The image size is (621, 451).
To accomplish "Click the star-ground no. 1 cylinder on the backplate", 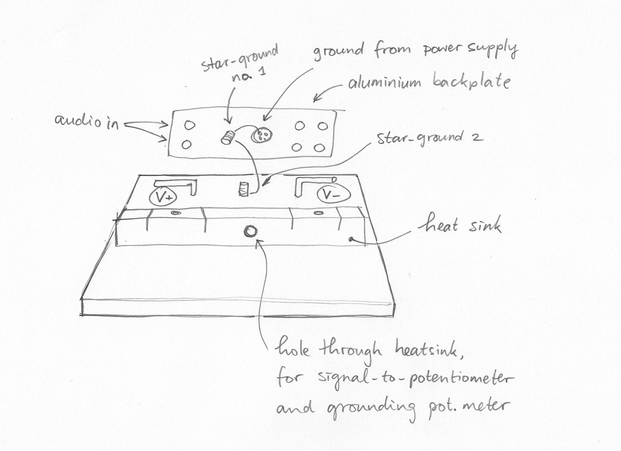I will (x=227, y=137).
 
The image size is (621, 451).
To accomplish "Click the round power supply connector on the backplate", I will (x=263, y=134).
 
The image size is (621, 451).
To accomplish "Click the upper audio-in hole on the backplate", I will (x=190, y=125).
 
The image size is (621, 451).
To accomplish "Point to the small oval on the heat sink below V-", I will (x=318, y=213).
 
